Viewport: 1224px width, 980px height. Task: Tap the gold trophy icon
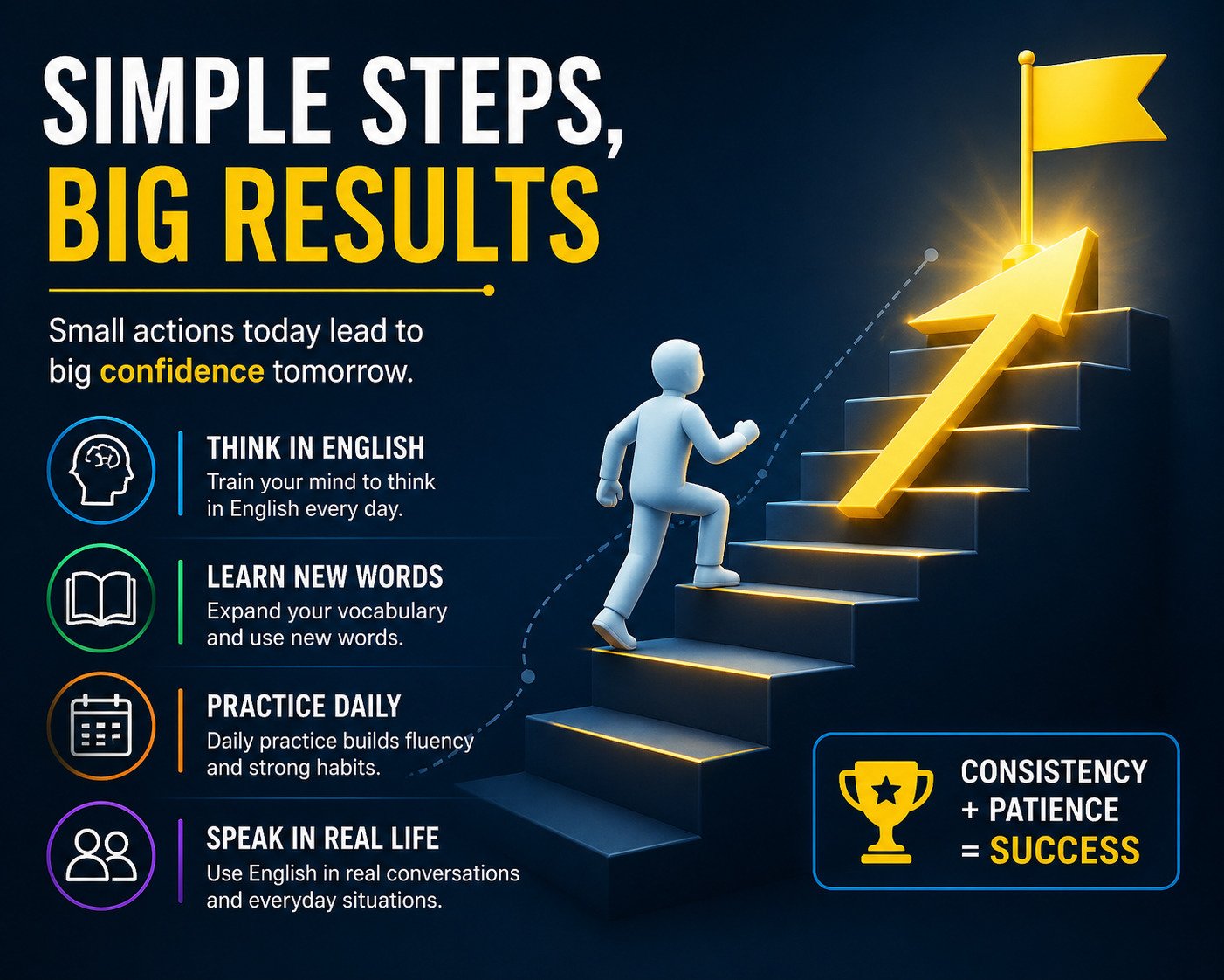click(x=885, y=811)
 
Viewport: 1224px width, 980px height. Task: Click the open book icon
click(x=101, y=598)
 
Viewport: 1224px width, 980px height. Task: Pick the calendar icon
click(x=101, y=727)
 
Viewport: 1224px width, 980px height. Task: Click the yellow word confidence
click(x=182, y=371)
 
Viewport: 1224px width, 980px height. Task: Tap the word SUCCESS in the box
click(x=1065, y=850)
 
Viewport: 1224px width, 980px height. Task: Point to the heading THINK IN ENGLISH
click(x=316, y=448)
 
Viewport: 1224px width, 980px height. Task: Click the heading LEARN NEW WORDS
click(x=325, y=576)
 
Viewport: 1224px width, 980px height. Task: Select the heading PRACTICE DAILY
click(x=305, y=706)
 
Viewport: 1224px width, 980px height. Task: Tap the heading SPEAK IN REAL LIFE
click(x=323, y=839)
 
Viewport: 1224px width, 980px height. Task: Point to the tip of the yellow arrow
click(x=1088, y=230)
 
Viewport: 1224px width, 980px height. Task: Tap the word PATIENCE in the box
click(x=1054, y=810)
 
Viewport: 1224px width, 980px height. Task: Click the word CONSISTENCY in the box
click(x=1054, y=771)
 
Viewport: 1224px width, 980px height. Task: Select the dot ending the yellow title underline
click(x=488, y=291)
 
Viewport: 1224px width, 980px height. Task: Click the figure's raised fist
click(x=746, y=432)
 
